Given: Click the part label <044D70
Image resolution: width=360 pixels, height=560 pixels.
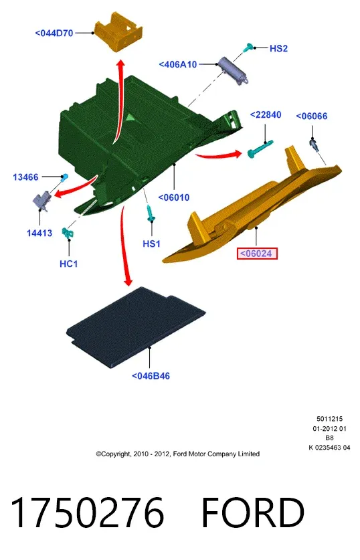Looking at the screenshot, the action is tap(54, 33).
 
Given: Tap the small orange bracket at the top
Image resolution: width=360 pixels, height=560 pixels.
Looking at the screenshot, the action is tap(118, 32).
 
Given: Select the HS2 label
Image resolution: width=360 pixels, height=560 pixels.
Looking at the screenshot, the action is tap(278, 48).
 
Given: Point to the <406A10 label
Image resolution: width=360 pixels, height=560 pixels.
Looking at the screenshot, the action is tap(178, 65).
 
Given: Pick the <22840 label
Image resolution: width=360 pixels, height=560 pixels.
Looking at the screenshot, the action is tap(266, 114).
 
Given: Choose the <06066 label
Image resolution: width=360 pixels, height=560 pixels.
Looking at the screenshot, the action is tap(312, 116).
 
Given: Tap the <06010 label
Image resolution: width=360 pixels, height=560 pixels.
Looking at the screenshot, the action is tap(173, 197).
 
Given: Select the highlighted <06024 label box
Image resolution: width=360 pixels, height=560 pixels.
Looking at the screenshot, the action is tap(257, 254).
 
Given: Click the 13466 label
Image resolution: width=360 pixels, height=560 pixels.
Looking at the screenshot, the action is tap(25, 177).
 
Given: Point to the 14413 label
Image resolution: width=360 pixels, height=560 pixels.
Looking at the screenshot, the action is tap(39, 234).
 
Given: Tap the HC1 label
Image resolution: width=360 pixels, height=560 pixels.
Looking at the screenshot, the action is tap(68, 264).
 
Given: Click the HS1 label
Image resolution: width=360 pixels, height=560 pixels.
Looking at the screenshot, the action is tap(151, 244).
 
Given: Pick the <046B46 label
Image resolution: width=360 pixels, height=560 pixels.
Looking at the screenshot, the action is tap(151, 376).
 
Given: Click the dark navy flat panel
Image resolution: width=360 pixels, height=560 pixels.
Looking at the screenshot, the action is tap(136, 326).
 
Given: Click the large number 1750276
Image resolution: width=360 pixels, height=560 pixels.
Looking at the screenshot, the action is tap(88, 512).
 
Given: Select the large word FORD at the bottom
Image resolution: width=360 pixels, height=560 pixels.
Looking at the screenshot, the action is tap(253, 512).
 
